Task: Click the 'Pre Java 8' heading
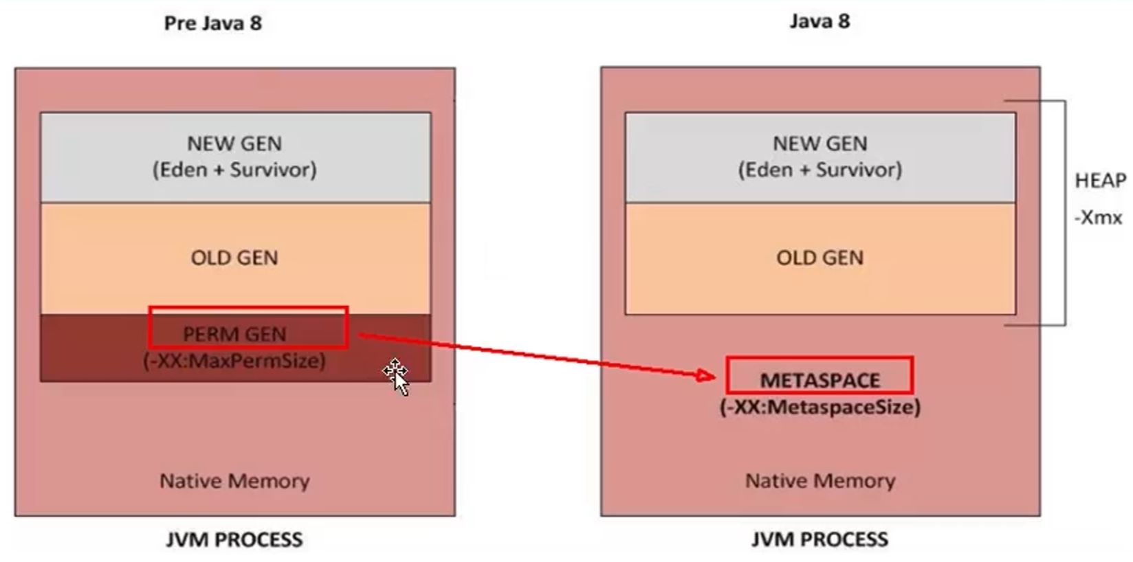click(213, 23)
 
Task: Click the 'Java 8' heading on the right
click(819, 21)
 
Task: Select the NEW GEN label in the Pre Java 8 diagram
click(234, 144)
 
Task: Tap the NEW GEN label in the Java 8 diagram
click(819, 144)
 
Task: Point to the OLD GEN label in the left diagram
click(234, 258)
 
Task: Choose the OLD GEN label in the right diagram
click(819, 258)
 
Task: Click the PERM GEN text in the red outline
click(234, 334)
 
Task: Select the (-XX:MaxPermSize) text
click(234, 361)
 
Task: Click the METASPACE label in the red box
click(819, 380)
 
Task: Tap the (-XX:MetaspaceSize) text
click(819, 407)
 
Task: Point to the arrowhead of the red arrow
click(707, 375)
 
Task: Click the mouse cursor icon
click(397, 376)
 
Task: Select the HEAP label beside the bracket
click(1100, 181)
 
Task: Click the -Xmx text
click(1098, 218)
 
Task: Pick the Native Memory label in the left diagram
click(234, 481)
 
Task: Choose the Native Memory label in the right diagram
click(819, 481)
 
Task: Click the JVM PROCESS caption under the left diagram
click(234, 539)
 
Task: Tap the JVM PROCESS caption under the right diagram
click(819, 539)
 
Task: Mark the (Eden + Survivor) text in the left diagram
click(234, 170)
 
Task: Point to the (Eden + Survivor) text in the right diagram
click(819, 170)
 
